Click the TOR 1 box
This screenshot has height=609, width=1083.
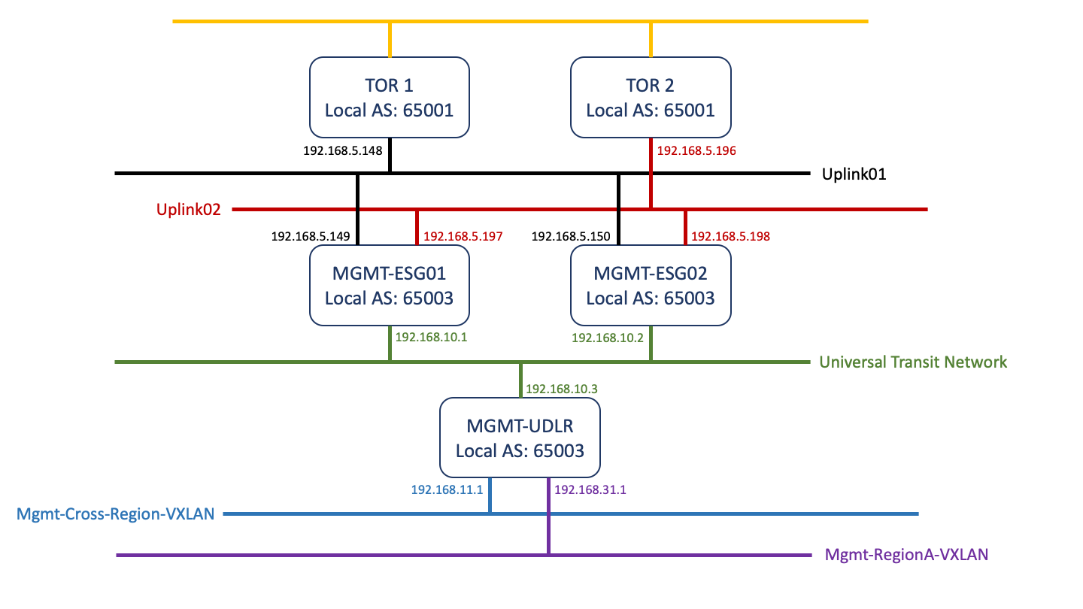coord(390,98)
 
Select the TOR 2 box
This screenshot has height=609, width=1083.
coord(651,98)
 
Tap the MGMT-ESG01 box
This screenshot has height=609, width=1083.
coord(390,286)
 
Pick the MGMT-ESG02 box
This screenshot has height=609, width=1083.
coord(651,286)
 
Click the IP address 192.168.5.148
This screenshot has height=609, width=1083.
coord(343,150)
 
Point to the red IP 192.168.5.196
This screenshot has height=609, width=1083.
coord(696,150)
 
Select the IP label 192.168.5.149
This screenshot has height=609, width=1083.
coord(311,236)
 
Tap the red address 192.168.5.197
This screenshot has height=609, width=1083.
coord(463,236)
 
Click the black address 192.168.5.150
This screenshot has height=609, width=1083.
coord(571,236)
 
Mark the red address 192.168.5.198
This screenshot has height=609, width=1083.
coord(730,236)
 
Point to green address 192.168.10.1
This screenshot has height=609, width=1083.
coord(432,337)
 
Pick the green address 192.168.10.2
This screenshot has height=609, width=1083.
coord(608,338)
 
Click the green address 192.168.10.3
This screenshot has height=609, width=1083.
coord(561,389)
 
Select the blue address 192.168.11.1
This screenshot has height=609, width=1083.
coord(447,489)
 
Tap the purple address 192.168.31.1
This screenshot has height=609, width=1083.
coord(590,489)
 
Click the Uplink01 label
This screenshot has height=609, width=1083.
coord(854,174)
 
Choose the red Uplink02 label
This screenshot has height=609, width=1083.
coord(189,210)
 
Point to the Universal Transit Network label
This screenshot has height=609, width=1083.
coord(913,362)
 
